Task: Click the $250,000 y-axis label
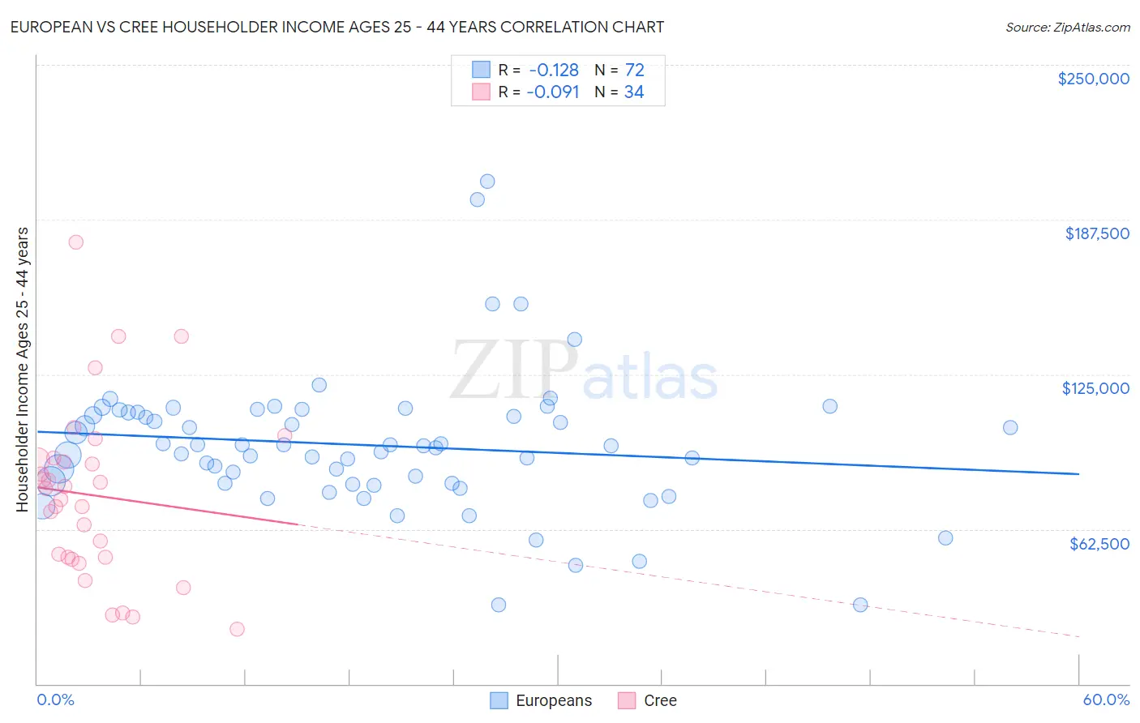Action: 1093,79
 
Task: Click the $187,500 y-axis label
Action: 1096,233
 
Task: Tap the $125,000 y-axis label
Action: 1095,388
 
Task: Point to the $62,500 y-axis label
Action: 1099,544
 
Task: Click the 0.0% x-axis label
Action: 55,699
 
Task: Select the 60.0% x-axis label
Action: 1106,699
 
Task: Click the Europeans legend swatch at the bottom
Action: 499,700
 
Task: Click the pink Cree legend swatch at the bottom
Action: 627,700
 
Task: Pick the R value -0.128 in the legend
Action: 554,71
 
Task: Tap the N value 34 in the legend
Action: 634,92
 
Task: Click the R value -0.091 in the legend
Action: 553,92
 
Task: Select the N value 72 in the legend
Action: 634,71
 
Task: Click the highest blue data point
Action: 487,182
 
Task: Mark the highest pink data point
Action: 75,242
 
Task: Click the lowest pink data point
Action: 237,629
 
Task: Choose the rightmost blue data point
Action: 1010,427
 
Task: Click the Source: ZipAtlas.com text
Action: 1068,28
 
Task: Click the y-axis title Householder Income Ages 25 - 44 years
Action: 23,370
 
